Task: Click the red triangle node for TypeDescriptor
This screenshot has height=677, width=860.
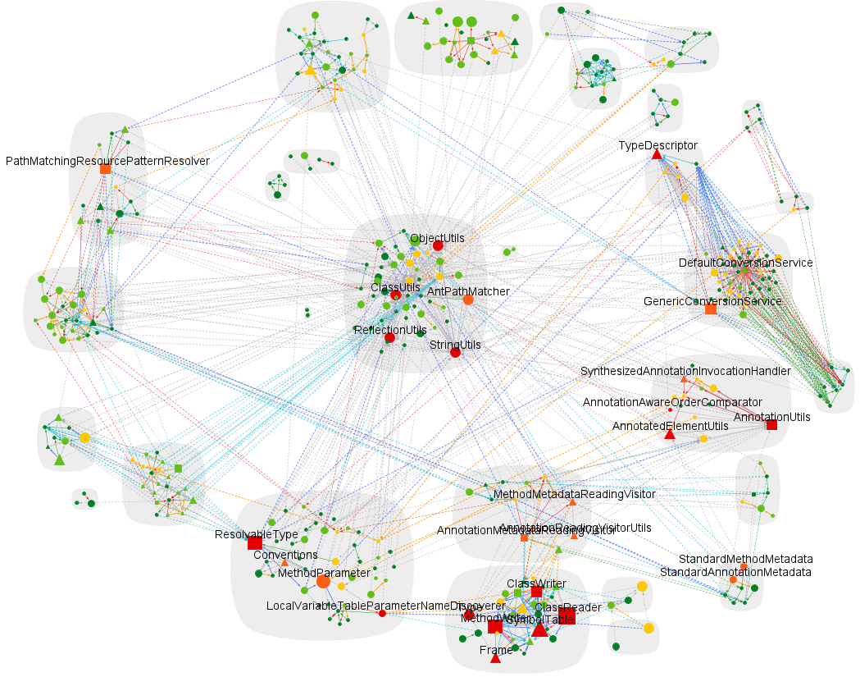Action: click(x=656, y=154)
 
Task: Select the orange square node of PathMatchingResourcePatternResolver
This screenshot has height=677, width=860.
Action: click(x=105, y=168)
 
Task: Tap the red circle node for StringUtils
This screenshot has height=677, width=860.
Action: click(x=455, y=353)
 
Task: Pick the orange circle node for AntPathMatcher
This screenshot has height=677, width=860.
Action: click(x=468, y=300)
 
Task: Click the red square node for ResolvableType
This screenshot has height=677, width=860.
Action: click(x=255, y=542)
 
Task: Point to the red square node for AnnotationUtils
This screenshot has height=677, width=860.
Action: click(x=771, y=424)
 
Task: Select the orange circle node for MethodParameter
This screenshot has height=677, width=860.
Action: click(x=323, y=581)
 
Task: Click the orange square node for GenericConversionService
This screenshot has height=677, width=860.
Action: click(x=711, y=309)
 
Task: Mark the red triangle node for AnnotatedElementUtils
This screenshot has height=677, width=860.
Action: click(x=669, y=434)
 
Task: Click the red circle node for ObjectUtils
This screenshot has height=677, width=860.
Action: click(x=438, y=245)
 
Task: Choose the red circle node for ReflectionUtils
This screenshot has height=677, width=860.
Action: click(x=389, y=337)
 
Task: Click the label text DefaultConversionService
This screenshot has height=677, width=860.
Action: click(x=745, y=263)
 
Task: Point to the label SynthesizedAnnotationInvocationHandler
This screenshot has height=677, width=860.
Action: click(x=685, y=371)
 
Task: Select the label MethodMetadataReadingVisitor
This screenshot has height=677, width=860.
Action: click(x=574, y=494)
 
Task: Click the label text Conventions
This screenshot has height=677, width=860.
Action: click(x=285, y=555)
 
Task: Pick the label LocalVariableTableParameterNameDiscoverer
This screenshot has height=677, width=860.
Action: click(x=374, y=606)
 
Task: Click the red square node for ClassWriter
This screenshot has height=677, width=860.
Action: click(x=536, y=592)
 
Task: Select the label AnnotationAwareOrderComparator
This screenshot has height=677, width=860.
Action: click(x=672, y=401)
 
